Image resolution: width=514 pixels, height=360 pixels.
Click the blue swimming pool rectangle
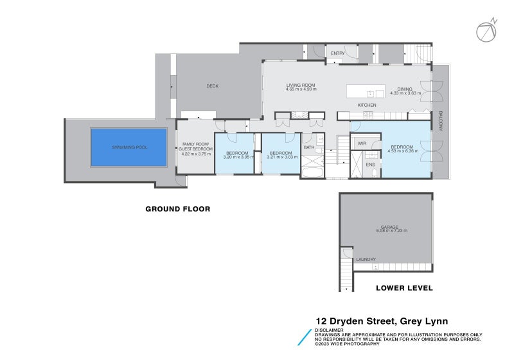tap(129, 147)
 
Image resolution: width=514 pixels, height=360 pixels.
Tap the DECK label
tap(213, 85)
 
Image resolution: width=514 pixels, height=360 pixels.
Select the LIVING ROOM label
tap(302, 85)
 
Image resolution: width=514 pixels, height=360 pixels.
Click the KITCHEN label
tap(367, 105)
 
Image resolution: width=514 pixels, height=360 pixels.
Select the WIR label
tap(362, 143)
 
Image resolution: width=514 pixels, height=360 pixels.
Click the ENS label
tap(370, 165)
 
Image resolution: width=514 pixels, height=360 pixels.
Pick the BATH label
tap(308, 147)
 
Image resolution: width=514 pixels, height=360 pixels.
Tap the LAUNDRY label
tap(366, 259)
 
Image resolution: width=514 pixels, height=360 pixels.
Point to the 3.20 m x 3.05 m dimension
tap(238, 157)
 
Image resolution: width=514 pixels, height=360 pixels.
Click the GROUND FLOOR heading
tap(177, 209)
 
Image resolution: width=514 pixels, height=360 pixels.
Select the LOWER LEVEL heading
tap(404, 288)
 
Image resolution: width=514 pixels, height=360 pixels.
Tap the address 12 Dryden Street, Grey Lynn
tap(381, 321)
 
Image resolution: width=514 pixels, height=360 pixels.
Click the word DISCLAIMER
tap(329, 330)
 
